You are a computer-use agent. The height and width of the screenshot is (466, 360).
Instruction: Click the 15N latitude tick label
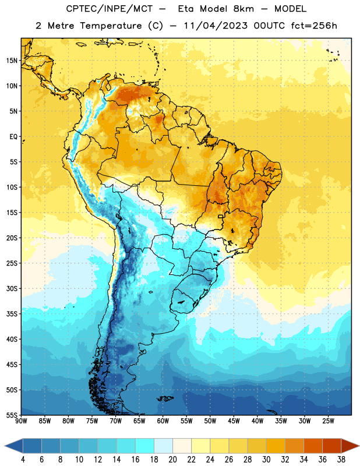[12, 61]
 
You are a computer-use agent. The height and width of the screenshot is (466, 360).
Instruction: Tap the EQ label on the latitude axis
[13, 137]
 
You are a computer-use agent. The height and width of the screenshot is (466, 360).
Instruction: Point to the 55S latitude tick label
[12, 415]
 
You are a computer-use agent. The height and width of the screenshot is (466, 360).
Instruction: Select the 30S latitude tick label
[12, 288]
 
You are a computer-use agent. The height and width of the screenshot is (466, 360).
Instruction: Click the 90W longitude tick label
[21, 421]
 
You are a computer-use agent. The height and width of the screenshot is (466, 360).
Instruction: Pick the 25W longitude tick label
[328, 421]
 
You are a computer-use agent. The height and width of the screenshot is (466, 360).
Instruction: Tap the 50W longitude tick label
[210, 421]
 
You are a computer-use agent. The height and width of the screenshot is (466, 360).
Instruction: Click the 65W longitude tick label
[139, 421]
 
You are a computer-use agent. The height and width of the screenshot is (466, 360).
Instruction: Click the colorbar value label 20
[172, 460]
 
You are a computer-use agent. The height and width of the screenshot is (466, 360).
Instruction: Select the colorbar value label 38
[341, 460]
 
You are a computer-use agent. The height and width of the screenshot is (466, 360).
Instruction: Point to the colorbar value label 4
[23, 460]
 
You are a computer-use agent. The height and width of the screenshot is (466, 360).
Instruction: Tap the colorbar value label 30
[266, 460]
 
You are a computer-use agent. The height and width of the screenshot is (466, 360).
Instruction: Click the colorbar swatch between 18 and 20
[164, 446]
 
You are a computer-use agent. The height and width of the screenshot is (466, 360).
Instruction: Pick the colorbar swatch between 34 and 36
[313, 446]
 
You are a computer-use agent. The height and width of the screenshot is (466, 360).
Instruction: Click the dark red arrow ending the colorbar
[350, 446]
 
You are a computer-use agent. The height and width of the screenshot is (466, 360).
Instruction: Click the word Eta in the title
[186, 9]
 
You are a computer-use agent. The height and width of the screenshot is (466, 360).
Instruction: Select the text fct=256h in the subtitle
[314, 26]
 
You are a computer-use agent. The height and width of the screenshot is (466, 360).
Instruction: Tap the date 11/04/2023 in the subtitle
[216, 26]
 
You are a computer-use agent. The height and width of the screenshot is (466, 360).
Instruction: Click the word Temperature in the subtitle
[111, 26]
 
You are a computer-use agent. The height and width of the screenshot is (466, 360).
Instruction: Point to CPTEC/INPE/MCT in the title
[110, 9]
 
